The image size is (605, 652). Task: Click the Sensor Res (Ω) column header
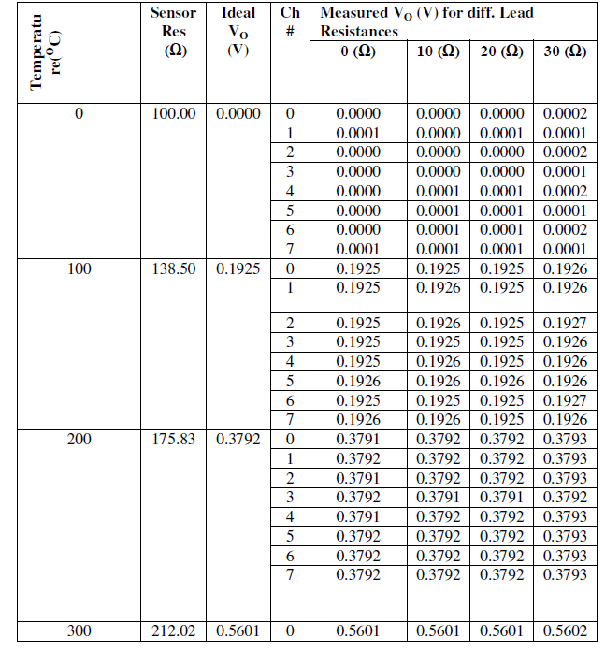click(x=173, y=32)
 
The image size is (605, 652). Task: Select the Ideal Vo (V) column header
click(x=238, y=32)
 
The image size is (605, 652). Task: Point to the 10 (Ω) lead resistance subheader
click(x=438, y=51)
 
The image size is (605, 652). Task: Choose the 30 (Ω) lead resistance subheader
click(x=565, y=51)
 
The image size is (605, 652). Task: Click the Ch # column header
click(x=290, y=22)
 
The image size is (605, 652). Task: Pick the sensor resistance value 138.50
click(x=174, y=268)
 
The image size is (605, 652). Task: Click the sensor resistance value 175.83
click(x=174, y=439)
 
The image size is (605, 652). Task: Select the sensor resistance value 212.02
click(x=174, y=631)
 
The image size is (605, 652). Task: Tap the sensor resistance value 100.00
click(x=174, y=113)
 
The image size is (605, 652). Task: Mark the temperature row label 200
click(x=79, y=439)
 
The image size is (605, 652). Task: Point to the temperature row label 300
click(x=79, y=631)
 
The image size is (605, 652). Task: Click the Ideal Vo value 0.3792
click(x=238, y=439)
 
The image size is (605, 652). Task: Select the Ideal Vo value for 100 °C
click(x=238, y=268)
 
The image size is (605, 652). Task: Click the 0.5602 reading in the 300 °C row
click(x=565, y=631)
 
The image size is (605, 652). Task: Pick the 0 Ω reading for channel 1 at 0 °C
click(x=358, y=133)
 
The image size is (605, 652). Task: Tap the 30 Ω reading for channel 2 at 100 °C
click(x=565, y=323)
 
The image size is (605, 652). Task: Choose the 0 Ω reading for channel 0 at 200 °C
click(x=358, y=439)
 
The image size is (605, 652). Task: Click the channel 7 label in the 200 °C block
click(x=290, y=574)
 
